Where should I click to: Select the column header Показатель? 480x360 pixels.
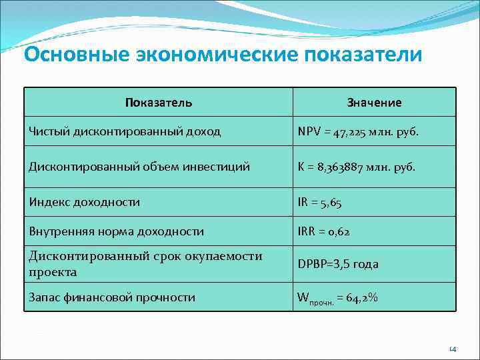point(159,103)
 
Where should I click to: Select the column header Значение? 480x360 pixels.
point(374,103)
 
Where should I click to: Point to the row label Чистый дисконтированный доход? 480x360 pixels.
point(125,131)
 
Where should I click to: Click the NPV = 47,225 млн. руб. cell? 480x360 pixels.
point(358,131)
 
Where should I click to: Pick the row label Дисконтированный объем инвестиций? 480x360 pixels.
point(139,167)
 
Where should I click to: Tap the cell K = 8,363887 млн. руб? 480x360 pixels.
point(356,167)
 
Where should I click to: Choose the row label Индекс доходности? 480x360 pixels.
point(84,202)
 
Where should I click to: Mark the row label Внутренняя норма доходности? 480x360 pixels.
point(116,231)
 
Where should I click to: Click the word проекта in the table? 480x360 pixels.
point(53,272)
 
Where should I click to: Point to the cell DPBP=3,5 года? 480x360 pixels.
point(338,264)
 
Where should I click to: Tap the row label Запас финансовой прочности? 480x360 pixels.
point(112,297)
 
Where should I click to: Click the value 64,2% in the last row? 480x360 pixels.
point(363,297)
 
